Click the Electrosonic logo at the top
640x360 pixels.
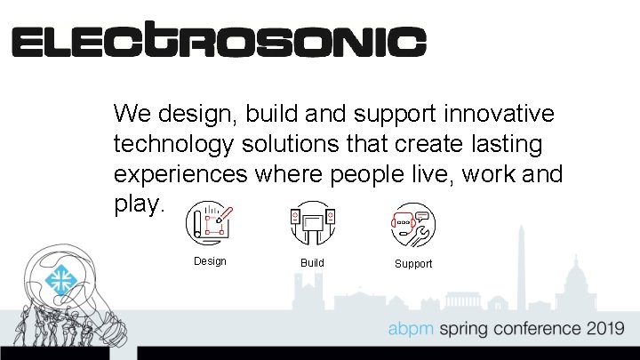(219, 41)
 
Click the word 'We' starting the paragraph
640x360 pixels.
(132, 114)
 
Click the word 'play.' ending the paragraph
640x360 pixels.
(140, 204)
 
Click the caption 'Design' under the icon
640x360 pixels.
(210, 261)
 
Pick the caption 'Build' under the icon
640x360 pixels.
(312, 263)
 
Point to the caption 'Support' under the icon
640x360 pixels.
(413, 264)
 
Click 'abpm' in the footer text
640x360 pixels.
(410, 329)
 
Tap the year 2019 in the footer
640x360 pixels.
(604, 328)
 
